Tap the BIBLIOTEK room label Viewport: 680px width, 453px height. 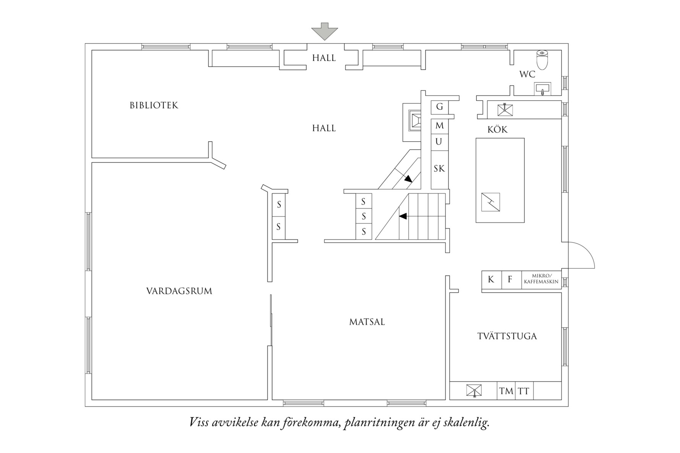pyautogui.click(x=154, y=105)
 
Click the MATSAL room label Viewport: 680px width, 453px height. pyautogui.click(x=367, y=322)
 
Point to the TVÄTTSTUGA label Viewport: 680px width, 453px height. pyautogui.click(x=507, y=336)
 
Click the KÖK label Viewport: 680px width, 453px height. pyautogui.click(x=497, y=130)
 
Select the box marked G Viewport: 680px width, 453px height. pyautogui.click(x=439, y=107)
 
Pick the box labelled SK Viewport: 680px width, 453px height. pyautogui.click(x=439, y=168)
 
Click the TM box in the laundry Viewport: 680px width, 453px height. pyautogui.click(x=506, y=391)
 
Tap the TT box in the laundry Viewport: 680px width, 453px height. pyautogui.click(x=524, y=391)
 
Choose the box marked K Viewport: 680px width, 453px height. pyautogui.click(x=491, y=279)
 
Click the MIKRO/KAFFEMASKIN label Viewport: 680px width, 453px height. pyautogui.click(x=541, y=279)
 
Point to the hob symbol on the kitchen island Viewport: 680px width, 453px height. pyautogui.click(x=491, y=202)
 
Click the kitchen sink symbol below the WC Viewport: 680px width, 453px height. pyautogui.click(x=505, y=110)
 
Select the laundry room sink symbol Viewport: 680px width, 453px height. pyautogui.click(x=474, y=391)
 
